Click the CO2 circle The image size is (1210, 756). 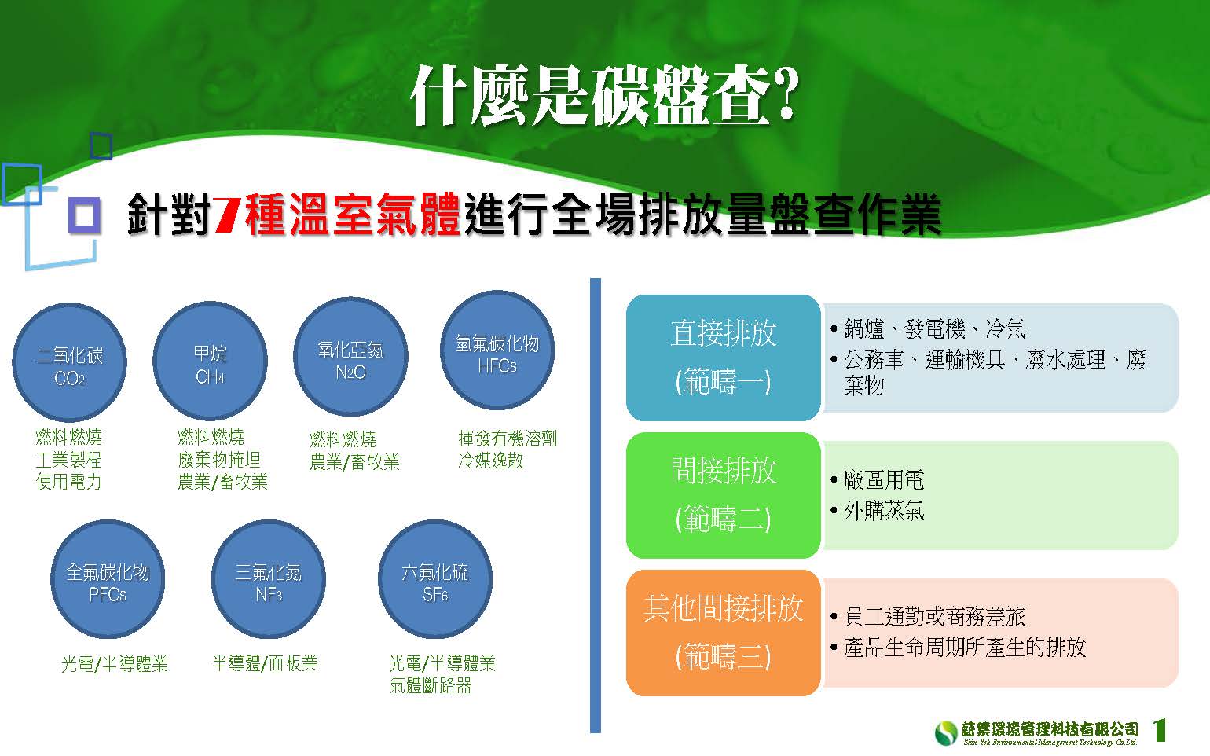pyautogui.click(x=70, y=362)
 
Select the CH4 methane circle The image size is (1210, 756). pyautogui.click(x=210, y=361)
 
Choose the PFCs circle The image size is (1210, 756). pyautogui.click(x=108, y=579)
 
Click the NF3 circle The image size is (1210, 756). pyautogui.click(x=269, y=579)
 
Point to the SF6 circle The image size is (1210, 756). pyautogui.click(x=434, y=579)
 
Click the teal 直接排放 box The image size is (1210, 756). pyautogui.click(x=724, y=358)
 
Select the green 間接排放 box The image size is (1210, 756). pyautogui.click(x=724, y=495)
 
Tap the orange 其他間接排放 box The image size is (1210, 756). pyautogui.click(x=724, y=633)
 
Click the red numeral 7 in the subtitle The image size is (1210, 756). pyautogui.click(x=226, y=215)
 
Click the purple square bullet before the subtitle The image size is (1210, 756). pyautogui.click(x=85, y=215)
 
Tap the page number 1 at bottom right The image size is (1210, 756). pyautogui.click(x=1160, y=730)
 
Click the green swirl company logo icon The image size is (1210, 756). pyautogui.click(x=946, y=732)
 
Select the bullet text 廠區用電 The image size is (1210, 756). pyautogui.click(x=884, y=479)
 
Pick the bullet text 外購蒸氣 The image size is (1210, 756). pyautogui.click(x=884, y=510)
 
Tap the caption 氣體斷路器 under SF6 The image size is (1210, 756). pyautogui.click(x=430, y=685)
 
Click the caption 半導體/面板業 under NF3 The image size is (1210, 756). pyautogui.click(x=265, y=663)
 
